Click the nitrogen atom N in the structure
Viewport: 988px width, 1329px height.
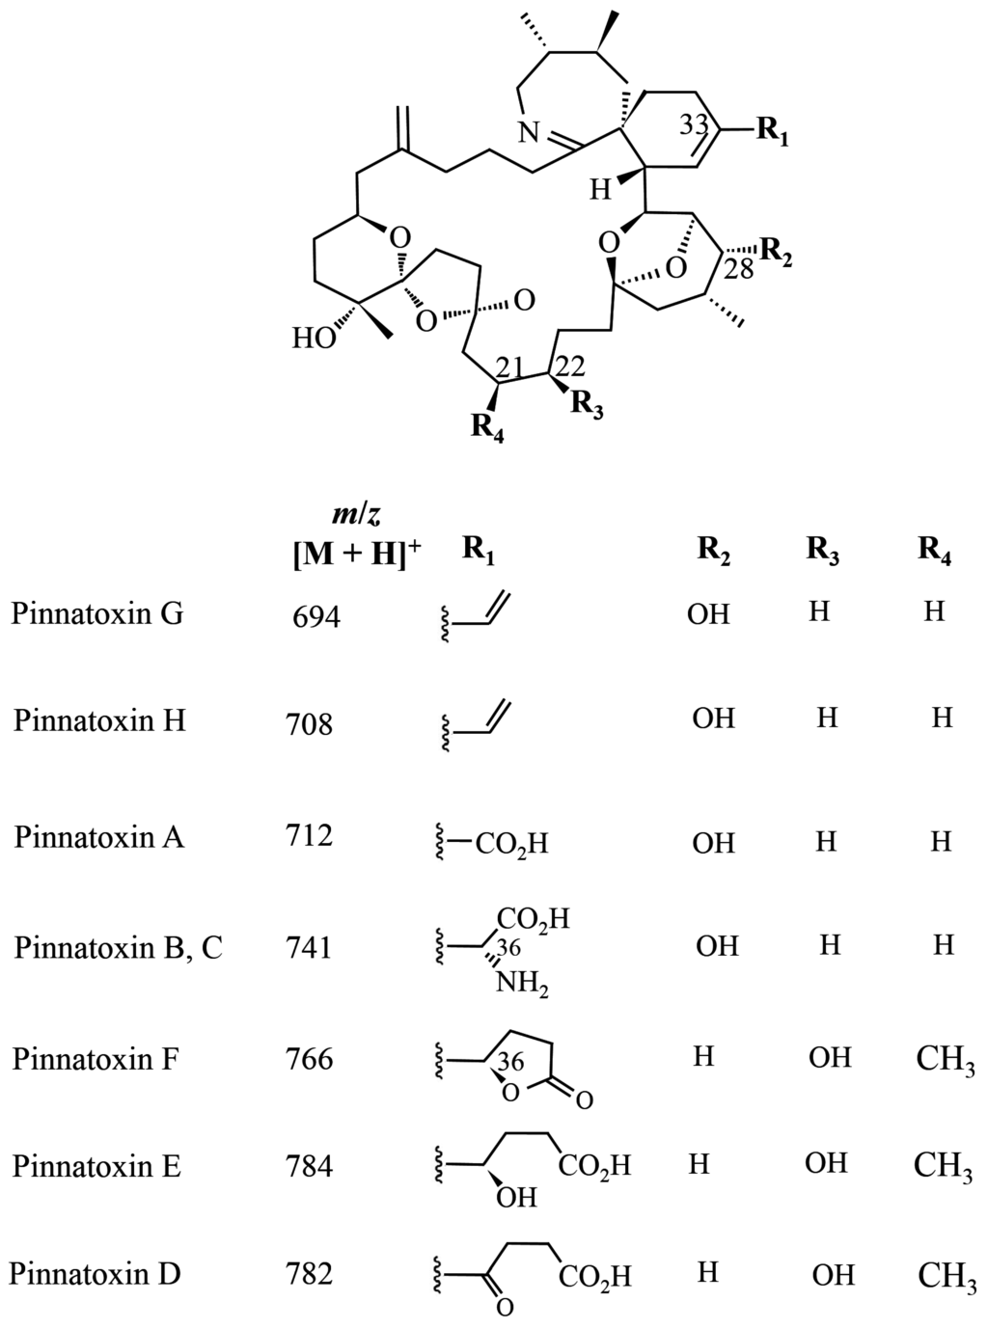(x=528, y=133)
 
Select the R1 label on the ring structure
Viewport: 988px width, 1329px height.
(x=772, y=130)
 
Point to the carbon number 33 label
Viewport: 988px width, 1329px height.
(x=694, y=124)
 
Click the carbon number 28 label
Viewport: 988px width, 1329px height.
(x=738, y=271)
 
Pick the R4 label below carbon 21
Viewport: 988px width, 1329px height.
(x=487, y=425)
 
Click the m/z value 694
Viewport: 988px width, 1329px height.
(x=316, y=616)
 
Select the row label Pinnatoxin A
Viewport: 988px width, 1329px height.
(x=98, y=836)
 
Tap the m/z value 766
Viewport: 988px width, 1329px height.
(x=310, y=1059)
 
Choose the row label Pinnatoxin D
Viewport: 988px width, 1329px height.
(x=96, y=1274)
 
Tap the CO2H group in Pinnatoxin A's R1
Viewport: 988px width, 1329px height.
(x=511, y=845)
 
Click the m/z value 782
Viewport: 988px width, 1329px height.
(x=310, y=1274)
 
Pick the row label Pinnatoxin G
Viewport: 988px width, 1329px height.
(x=97, y=614)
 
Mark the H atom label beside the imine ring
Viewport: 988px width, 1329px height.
(x=600, y=190)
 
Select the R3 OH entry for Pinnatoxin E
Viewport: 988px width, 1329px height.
(x=827, y=1163)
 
